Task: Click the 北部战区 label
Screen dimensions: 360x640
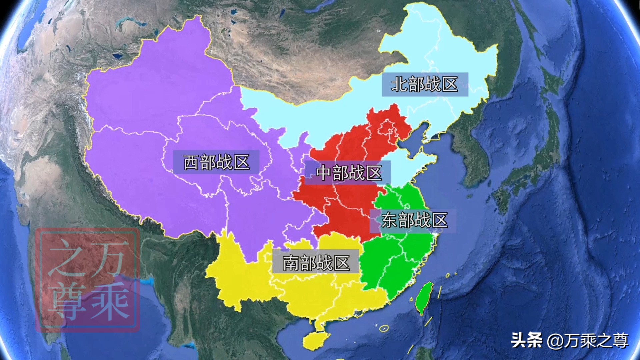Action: [425, 84]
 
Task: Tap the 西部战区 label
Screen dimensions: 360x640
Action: [216, 162]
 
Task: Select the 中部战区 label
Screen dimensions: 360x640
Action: [348, 173]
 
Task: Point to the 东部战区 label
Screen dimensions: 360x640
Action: [414, 220]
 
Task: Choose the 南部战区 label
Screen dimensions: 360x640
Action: [316, 263]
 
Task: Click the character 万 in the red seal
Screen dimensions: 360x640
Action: [110, 258]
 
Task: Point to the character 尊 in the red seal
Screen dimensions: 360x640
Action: [67, 300]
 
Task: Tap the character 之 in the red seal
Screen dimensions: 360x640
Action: [67, 260]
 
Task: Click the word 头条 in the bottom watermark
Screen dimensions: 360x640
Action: [527, 341]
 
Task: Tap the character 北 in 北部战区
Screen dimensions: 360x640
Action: [399, 84]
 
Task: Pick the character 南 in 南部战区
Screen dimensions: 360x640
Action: [291, 263]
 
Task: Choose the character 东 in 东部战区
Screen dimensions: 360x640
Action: [389, 220]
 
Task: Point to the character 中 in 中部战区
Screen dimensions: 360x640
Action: [323, 173]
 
